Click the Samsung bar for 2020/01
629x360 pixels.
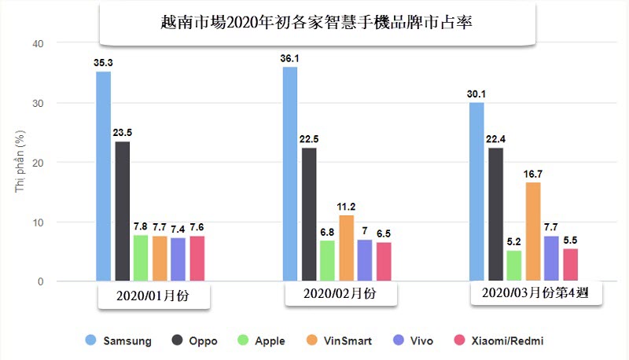click(x=103, y=176)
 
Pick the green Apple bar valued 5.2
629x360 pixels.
click(x=514, y=266)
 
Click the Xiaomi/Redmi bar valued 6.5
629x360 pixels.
click(x=384, y=262)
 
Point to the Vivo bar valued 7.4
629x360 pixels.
click(x=178, y=259)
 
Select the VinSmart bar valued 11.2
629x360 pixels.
click(x=346, y=248)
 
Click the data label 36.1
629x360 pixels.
click(x=289, y=58)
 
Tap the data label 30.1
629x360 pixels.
click(x=476, y=94)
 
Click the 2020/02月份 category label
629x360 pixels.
click(x=340, y=295)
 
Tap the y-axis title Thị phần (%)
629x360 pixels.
click(x=20, y=163)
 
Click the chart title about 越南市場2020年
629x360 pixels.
click(x=317, y=24)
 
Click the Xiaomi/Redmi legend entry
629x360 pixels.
click(x=498, y=341)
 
